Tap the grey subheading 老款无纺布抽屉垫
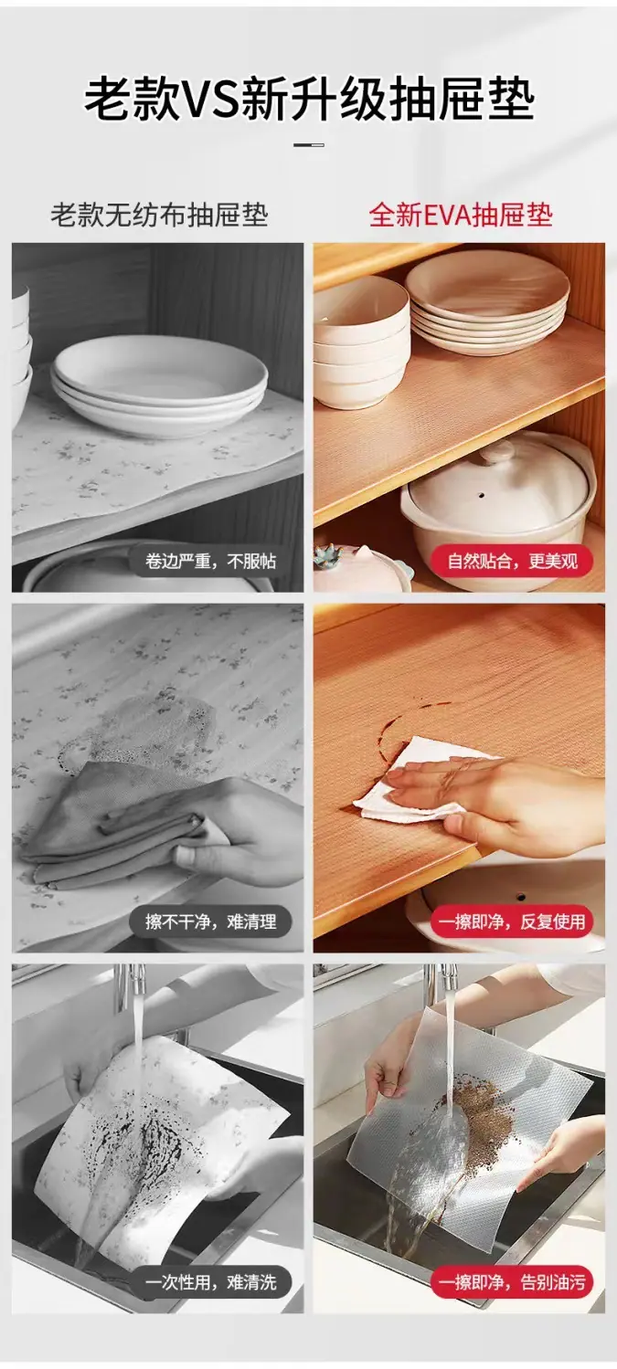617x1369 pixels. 160,216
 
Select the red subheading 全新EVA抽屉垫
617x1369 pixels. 461,216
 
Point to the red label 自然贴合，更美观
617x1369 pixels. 513,561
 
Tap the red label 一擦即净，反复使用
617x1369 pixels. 513,921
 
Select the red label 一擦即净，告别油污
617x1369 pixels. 513,1281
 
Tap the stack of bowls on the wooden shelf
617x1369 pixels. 361,342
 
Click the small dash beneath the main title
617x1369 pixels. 309,145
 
